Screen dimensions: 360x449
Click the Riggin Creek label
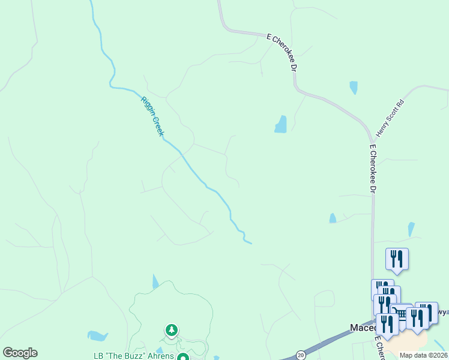tap(152, 116)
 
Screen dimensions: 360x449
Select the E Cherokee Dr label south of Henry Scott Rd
tap(373, 168)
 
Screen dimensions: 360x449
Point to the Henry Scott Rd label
tap(391, 118)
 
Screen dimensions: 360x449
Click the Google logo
tap(20, 352)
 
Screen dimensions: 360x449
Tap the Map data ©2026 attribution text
tap(424, 355)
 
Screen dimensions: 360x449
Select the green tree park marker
tap(172, 330)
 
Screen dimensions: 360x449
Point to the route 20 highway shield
tap(300, 355)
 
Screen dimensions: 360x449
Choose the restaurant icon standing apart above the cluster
tap(397, 259)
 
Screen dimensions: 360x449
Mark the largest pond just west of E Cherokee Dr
tap(280, 124)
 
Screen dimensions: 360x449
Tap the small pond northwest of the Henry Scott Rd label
tap(354, 88)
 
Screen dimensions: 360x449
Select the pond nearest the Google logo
tap(97, 336)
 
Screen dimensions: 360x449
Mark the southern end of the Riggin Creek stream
tap(250, 242)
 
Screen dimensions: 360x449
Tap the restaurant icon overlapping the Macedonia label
tap(387, 324)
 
